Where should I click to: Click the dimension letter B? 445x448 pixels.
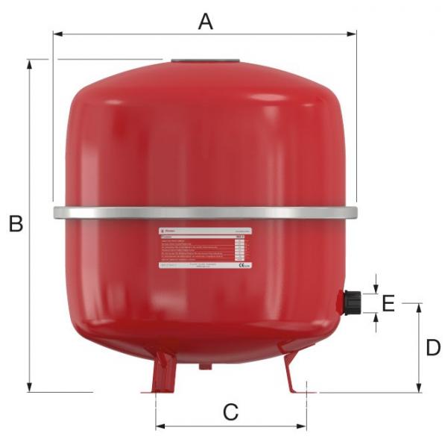pos(16,223)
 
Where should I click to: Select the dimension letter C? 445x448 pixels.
pos(230,411)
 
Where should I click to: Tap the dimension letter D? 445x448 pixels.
pos(433,348)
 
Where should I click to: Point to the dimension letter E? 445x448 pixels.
pos(388,303)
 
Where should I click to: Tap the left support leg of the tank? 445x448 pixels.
pos(162,373)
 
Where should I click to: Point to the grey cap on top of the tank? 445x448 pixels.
pos(204,63)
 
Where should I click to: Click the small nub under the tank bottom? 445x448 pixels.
pos(204,365)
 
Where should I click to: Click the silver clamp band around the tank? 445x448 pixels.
pos(205,213)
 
